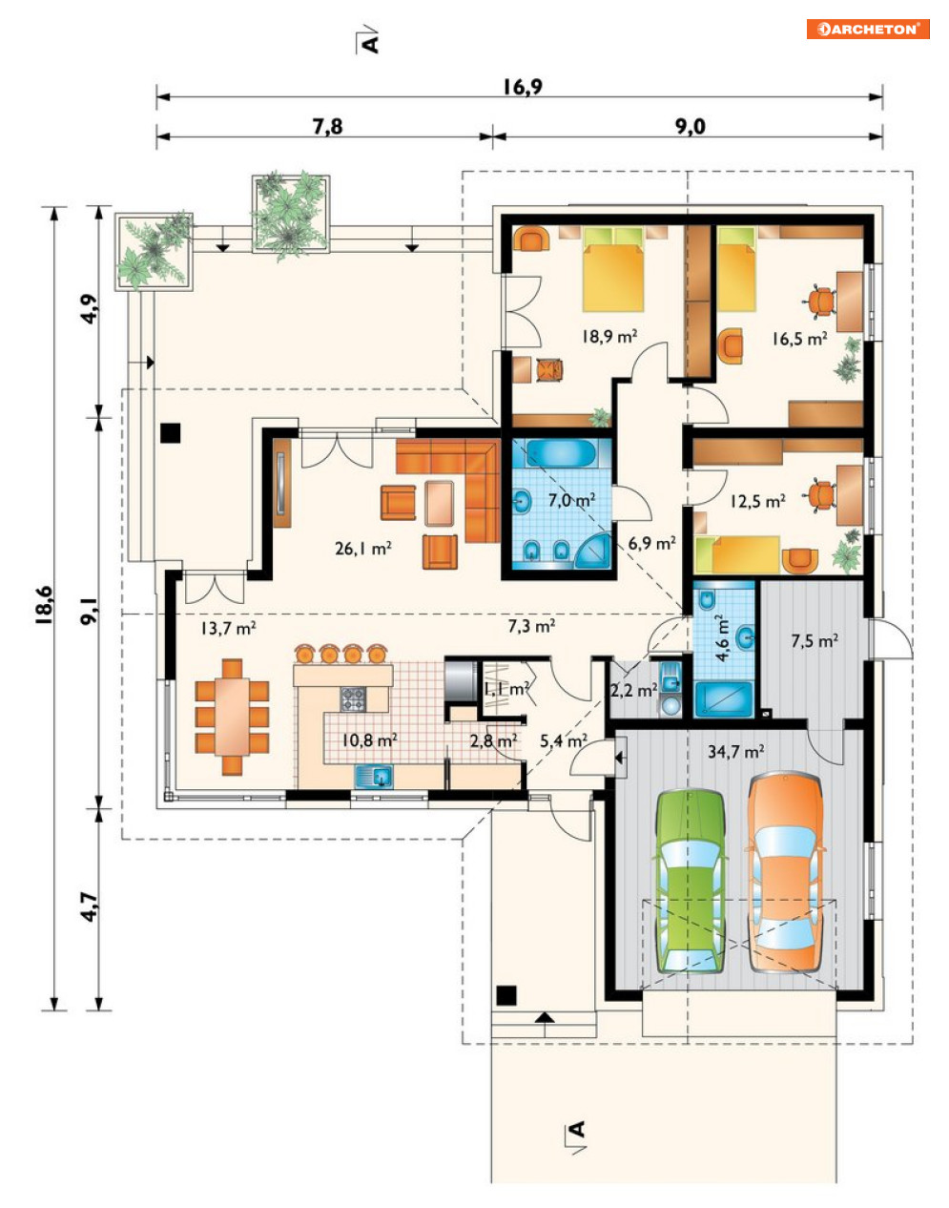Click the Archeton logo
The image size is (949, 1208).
(868, 29)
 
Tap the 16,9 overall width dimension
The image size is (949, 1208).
(523, 87)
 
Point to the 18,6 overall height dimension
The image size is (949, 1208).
(45, 605)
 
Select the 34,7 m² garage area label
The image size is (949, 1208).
(735, 752)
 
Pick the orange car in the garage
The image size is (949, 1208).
(785, 872)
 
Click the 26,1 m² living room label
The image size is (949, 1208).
(363, 549)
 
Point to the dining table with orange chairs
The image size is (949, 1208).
(233, 717)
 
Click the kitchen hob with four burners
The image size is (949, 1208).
(354, 698)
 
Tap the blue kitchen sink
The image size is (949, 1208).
(374, 776)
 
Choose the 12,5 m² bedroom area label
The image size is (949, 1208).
(757, 502)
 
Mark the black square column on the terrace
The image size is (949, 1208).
(170, 432)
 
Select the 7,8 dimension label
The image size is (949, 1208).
(328, 127)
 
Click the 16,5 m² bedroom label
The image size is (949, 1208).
(800, 339)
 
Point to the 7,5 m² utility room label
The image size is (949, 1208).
(815, 641)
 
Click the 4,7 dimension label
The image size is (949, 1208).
(91, 907)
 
